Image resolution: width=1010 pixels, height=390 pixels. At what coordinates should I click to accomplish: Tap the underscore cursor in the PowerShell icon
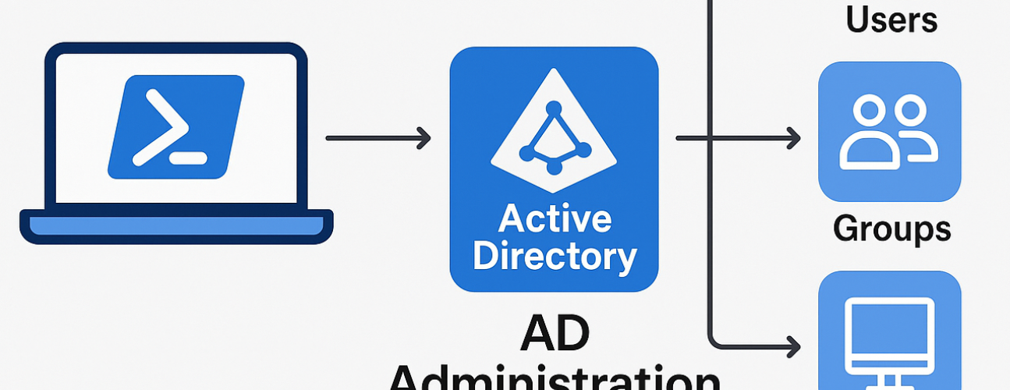click(x=188, y=158)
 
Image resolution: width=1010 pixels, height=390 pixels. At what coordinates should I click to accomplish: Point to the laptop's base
click(x=176, y=226)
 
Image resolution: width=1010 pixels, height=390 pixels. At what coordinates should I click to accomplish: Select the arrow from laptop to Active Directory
click(x=377, y=139)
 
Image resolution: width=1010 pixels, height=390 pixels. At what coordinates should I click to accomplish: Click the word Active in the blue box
click(x=555, y=219)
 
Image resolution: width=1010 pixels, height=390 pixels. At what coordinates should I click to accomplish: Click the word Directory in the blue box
click(x=555, y=256)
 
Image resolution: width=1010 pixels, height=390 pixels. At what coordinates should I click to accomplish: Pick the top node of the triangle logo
click(x=555, y=108)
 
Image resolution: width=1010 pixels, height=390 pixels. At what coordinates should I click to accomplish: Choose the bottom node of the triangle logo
click(x=554, y=167)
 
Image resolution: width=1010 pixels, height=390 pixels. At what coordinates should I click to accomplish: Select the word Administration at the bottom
click(x=555, y=378)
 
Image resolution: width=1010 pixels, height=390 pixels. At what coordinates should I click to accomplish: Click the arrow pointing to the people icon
click(x=738, y=139)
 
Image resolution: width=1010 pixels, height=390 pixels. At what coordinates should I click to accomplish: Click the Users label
click(x=891, y=19)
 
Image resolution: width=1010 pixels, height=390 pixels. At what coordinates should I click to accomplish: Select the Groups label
click(x=892, y=229)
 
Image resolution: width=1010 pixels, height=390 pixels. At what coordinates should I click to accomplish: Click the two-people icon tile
click(x=889, y=132)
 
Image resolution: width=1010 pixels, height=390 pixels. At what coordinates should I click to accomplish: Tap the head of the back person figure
click(x=909, y=109)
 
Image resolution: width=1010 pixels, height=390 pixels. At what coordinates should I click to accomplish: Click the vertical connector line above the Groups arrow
click(x=710, y=62)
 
